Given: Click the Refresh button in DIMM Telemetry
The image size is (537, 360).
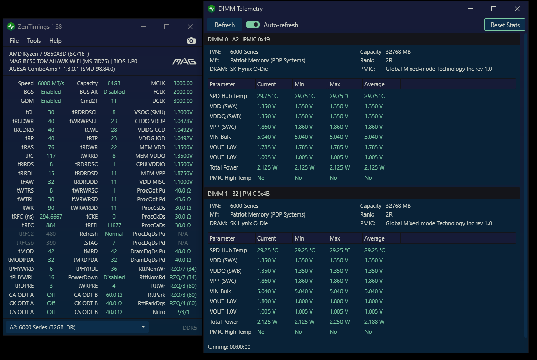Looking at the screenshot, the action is pyautogui.click(x=225, y=25).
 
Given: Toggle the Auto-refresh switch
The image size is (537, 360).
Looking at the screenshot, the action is pyautogui.click(x=253, y=25).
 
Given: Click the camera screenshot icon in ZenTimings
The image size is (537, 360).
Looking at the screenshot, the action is pyautogui.click(x=191, y=41).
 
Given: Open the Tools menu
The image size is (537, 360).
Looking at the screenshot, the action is pyautogui.click(x=34, y=41).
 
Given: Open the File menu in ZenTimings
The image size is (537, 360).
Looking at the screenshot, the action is pyautogui.click(x=14, y=41).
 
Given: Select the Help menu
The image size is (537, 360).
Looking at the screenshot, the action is pyautogui.click(x=55, y=41).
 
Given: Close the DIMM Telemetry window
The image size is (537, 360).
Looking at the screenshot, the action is pyautogui.click(x=517, y=9).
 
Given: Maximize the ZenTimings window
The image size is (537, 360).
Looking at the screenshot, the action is pyautogui.click(x=167, y=27).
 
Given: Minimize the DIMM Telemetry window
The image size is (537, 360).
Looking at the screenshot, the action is pyautogui.click(x=470, y=9).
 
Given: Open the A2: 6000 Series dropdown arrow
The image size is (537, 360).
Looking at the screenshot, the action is pyautogui.click(x=143, y=327).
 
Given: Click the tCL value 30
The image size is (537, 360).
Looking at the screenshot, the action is pyautogui.click(x=51, y=112).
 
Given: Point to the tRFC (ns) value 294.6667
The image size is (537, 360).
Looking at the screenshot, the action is pyautogui.click(x=51, y=217).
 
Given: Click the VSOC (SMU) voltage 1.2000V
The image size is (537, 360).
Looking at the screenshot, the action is pyautogui.click(x=183, y=112).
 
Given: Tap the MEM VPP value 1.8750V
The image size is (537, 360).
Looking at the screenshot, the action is pyautogui.click(x=183, y=173).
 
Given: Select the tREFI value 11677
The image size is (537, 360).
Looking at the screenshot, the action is pyautogui.click(x=114, y=225).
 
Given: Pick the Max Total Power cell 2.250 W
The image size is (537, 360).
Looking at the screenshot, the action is pyautogui.click(x=340, y=322).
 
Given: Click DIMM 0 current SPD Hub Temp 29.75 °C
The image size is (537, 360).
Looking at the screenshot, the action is pyautogui.click(x=267, y=96).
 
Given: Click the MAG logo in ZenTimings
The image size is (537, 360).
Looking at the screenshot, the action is pyautogui.click(x=184, y=61).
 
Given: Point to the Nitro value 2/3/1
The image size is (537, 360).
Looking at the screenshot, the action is pyautogui.click(x=183, y=312).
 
